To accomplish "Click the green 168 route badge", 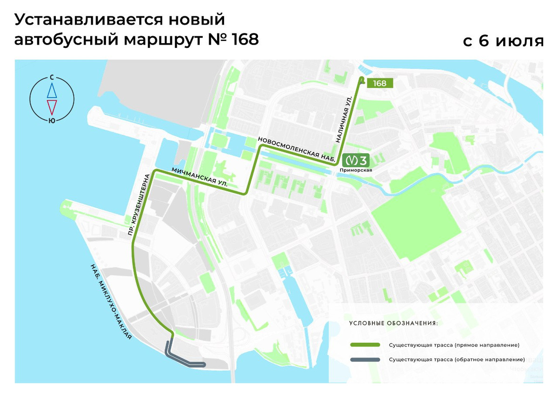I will click(380, 83).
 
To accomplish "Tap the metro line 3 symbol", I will click(356, 161).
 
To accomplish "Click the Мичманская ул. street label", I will click(199, 177).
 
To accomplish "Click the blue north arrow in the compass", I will click(52, 90).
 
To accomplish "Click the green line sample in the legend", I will click(365, 345).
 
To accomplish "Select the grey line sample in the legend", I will click(365, 359).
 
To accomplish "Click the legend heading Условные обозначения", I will click(393, 323).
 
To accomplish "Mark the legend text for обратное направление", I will click(456, 359).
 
